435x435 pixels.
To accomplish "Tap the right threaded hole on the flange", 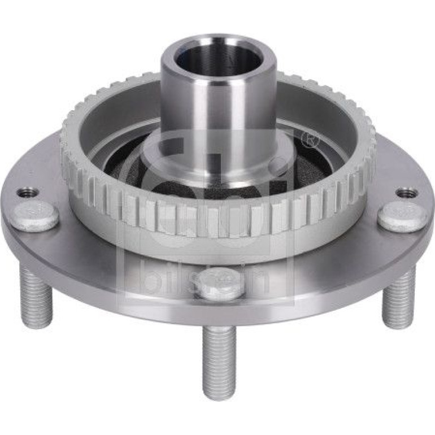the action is click(406, 193).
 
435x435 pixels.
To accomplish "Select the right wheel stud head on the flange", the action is click(402, 216).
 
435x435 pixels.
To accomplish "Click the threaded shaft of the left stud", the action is click(36, 297).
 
